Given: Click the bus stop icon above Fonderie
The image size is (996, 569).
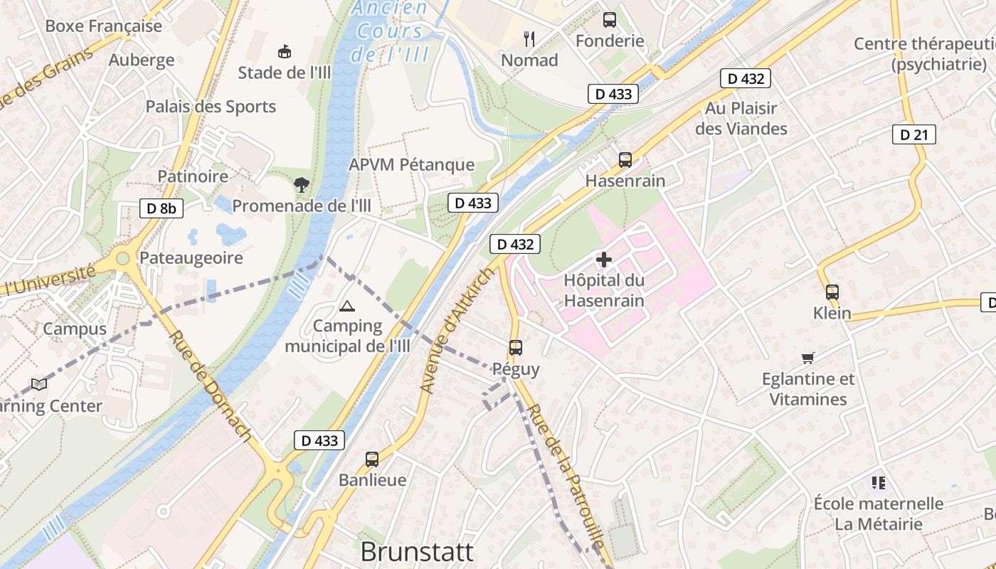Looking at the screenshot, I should pyautogui.click(x=610, y=20).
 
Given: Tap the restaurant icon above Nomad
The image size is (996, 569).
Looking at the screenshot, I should pyautogui.click(x=529, y=38).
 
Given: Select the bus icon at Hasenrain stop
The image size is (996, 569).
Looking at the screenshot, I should pyautogui.click(x=625, y=160).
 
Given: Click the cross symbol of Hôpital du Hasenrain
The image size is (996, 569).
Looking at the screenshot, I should pyautogui.click(x=604, y=260).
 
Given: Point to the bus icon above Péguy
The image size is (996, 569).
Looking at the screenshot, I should pyautogui.click(x=516, y=348).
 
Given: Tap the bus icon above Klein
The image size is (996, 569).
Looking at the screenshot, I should pyautogui.click(x=832, y=292).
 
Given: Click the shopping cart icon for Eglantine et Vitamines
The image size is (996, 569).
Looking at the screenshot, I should pyautogui.click(x=807, y=358).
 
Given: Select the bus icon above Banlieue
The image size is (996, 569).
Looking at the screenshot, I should pyautogui.click(x=372, y=459).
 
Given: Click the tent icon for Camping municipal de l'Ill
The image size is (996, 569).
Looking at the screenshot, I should pyautogui.click(x=346, y=307).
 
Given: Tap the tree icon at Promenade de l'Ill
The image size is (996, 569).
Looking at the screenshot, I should pyautogui.click(x=302, y=185).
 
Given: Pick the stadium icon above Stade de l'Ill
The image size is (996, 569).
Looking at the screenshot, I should pyautogui.click(x=285, y=51).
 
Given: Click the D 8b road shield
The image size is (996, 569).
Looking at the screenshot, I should pyautogui.click(x=161, y=208).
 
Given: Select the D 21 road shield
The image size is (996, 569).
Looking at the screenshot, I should pyautogui.click(x=913, y=134).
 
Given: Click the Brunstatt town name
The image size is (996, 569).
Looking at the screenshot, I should pyautogui.click(x=417, y=551).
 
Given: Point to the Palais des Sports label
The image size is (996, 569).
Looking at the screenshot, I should pyautogui.click(x=211, y=107).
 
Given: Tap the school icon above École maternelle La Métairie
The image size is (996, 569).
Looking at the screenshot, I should pyautogui.click(x=879, y=483).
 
